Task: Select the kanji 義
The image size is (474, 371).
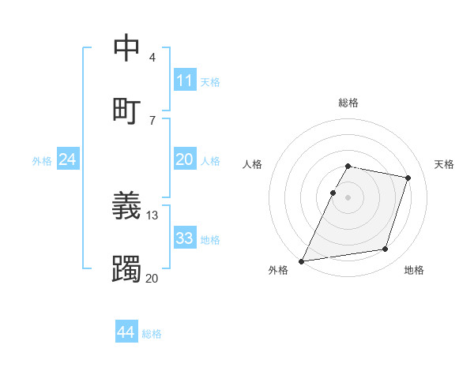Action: click(x=126, y=207)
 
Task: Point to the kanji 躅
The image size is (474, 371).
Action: click(x=126, y=270)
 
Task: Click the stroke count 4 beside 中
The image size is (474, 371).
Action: click(x=152, y=58)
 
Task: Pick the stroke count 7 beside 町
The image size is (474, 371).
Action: click(x=152, y=120)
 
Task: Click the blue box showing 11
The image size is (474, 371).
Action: click(x=184, y=81)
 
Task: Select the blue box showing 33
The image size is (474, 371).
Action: click(x=184, y=238)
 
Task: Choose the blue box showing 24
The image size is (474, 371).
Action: click(x=67, y=159)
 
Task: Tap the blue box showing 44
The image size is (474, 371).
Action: click(x=126, y=333)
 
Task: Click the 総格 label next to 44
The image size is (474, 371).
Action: click(x=152, y=334)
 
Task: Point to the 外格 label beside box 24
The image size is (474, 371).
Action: click(x=42, y=160)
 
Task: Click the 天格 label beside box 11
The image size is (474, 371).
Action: click(x=210, y=81)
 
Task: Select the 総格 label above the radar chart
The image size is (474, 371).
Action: click(x=348, y=103)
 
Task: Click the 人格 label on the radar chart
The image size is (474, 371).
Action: click(x=252, y=164)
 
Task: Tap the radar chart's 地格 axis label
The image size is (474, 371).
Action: click(x=414, y=270)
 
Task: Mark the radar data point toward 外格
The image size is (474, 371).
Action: click(x=302, y=260)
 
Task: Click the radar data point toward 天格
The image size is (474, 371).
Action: click(x=408, y=178)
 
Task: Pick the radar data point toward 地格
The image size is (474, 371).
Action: click(x=385, y=249)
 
